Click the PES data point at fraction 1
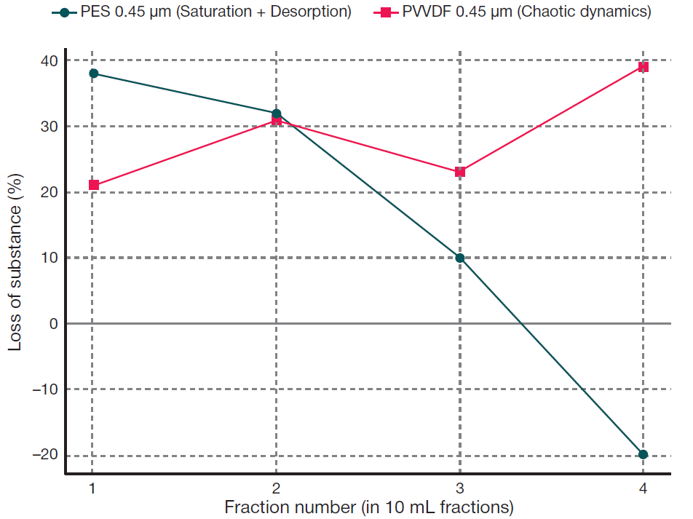point(93,74)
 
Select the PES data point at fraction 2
point(277,114)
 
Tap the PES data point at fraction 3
point(460,258)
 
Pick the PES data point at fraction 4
point(643,454)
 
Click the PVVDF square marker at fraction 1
point(93,185)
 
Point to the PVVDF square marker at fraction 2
point(277,120)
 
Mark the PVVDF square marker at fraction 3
point(460,172)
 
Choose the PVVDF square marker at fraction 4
point(643,67)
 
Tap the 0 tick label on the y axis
point(54,323)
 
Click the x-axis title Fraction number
point(369,507)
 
